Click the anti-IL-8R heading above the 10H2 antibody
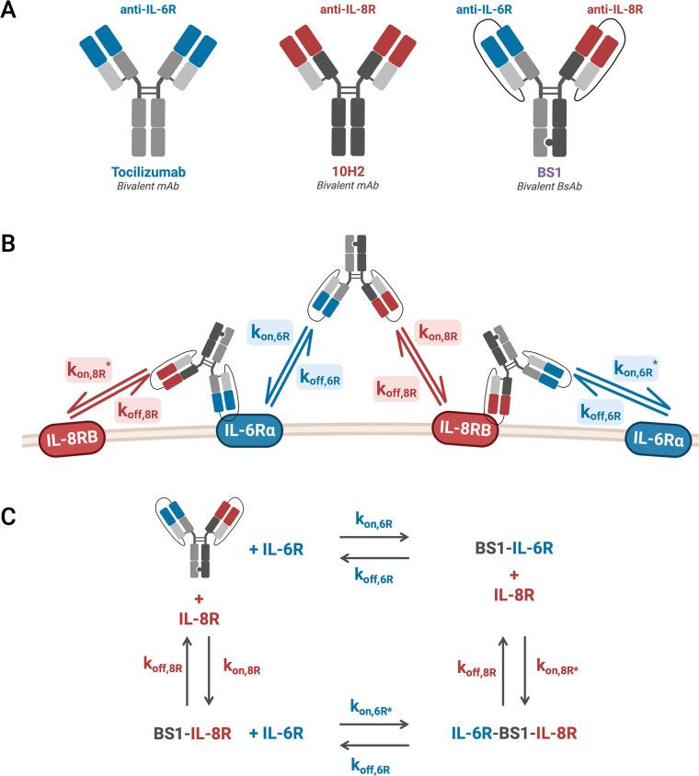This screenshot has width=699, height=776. coord(349,11)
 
